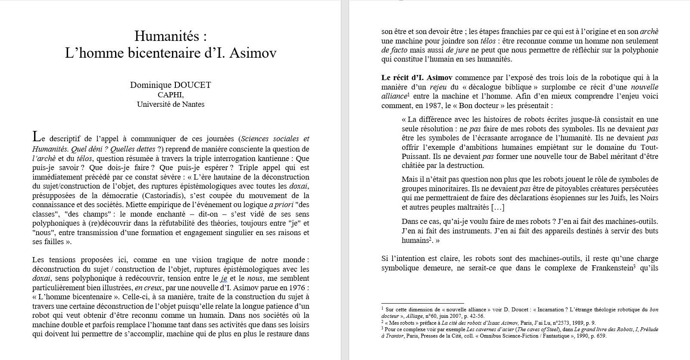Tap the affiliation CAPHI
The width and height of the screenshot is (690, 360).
tap(171, 95)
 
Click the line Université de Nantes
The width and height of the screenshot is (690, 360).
tap(171, 104)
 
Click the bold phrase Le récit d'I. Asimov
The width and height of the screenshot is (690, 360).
tap(417, 78)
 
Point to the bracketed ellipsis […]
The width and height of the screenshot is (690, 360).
tap(498, 208)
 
